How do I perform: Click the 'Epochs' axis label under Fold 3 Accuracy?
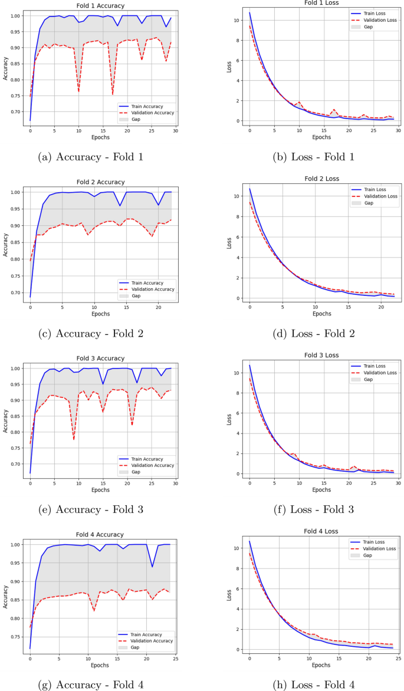coord(100,490)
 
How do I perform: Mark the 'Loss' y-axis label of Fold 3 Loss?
coord(229,419)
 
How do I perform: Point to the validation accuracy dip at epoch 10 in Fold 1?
coord(78,91)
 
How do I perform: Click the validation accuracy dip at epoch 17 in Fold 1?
coord(113,94)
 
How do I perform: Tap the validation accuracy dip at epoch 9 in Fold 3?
coord(74,439)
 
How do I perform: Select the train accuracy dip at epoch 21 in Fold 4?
coord(152,567)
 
